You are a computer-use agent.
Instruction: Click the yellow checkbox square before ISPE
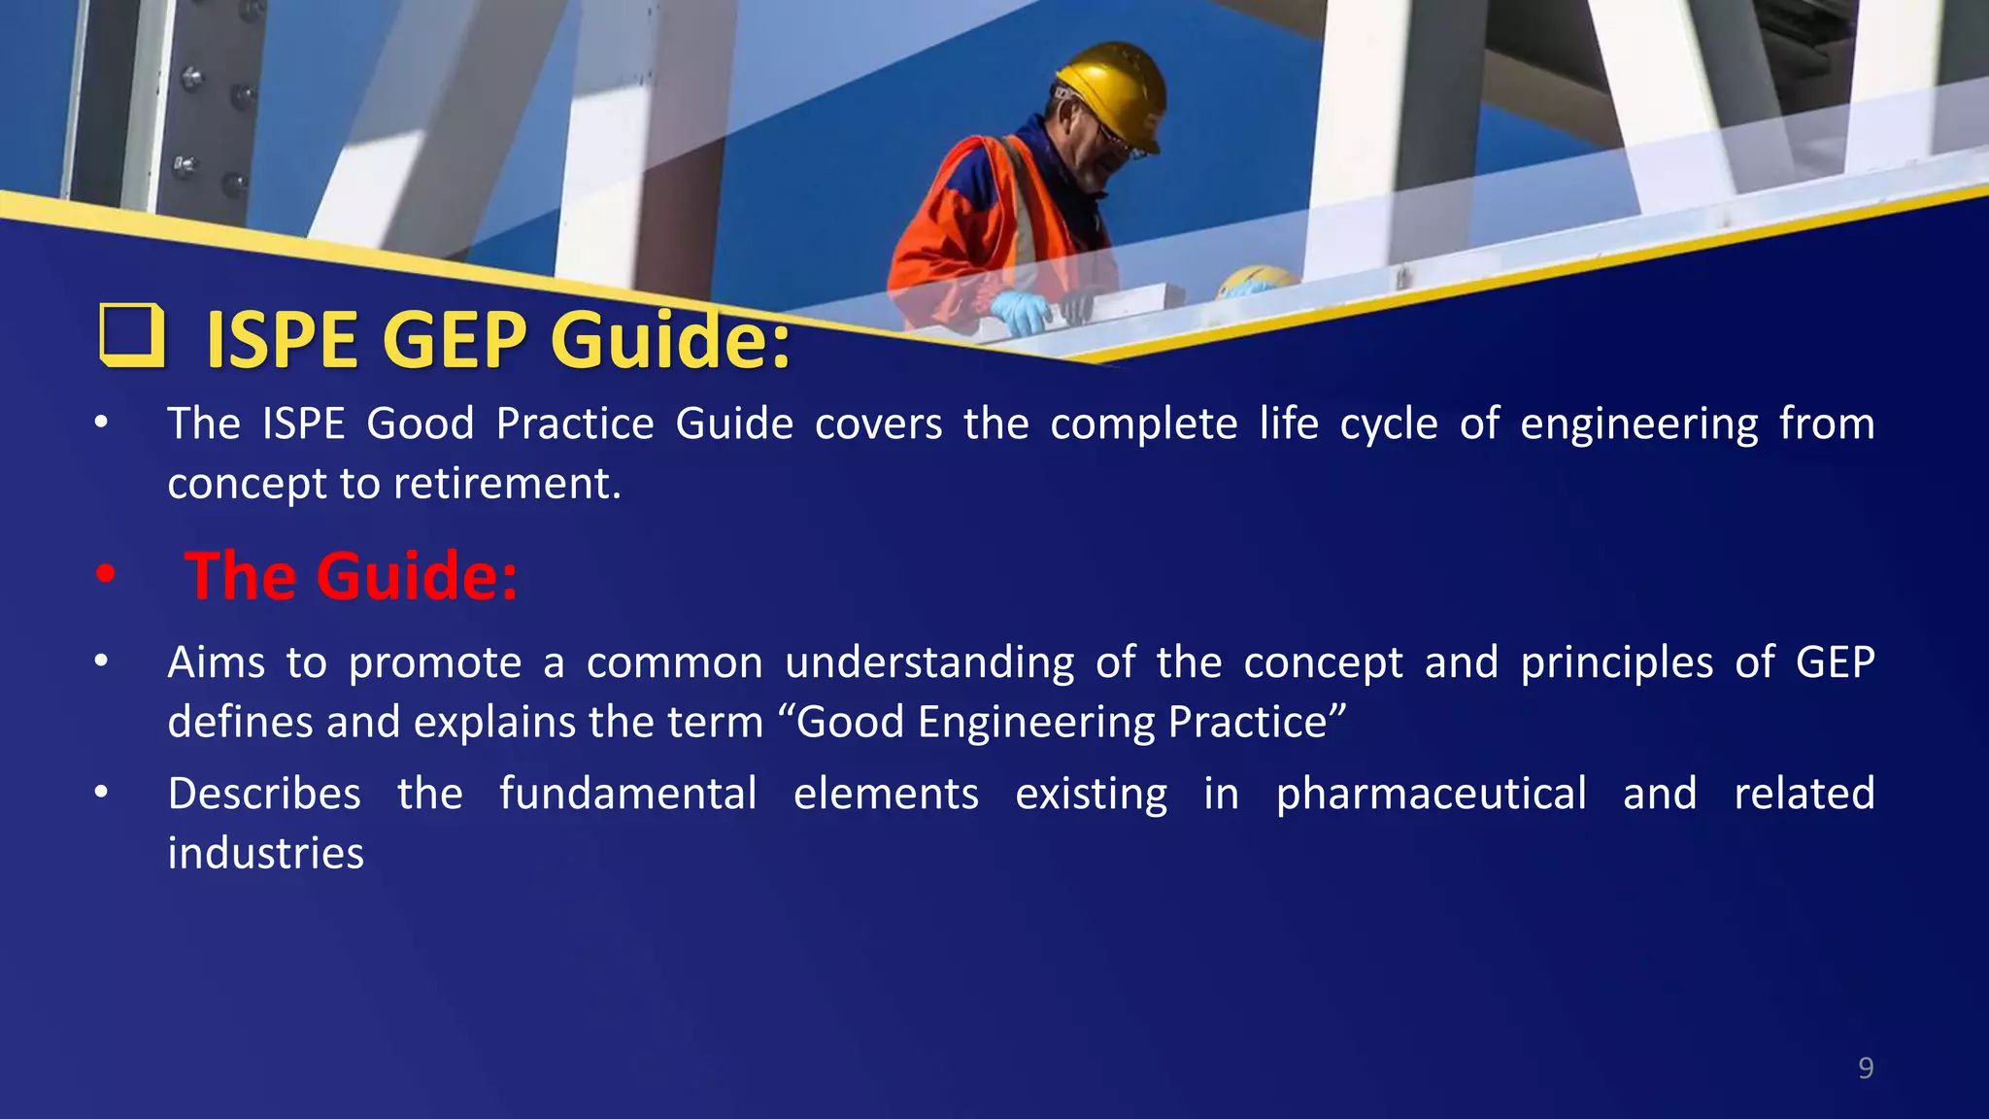point(131,336)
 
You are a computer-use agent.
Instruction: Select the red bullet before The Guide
point(105,575)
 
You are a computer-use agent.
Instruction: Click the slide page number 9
point(1865,1068)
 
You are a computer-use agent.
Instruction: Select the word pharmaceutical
point(1431,794)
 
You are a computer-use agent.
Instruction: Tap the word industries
point(265,853)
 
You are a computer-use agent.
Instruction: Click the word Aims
point(216,662)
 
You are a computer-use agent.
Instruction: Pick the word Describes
point(264,794)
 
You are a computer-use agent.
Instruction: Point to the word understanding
point(929,662)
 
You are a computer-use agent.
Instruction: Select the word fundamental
point(627,794)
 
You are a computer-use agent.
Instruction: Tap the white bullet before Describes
point(101,794)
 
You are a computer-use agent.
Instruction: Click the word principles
point(1616,662)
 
